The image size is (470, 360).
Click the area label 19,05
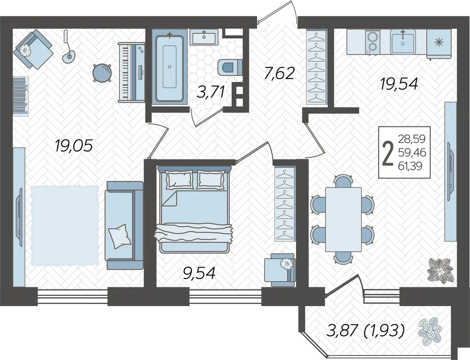click(74, 146)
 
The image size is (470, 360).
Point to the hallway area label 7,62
click(280, 73)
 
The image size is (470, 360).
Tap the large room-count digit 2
click(388, 153)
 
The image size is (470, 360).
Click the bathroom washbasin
click(204, 37)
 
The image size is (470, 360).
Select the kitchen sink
click(402, 42)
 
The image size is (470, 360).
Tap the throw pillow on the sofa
click(120, 236)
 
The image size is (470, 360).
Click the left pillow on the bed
click(180, 179)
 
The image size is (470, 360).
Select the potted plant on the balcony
click(430, 331)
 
